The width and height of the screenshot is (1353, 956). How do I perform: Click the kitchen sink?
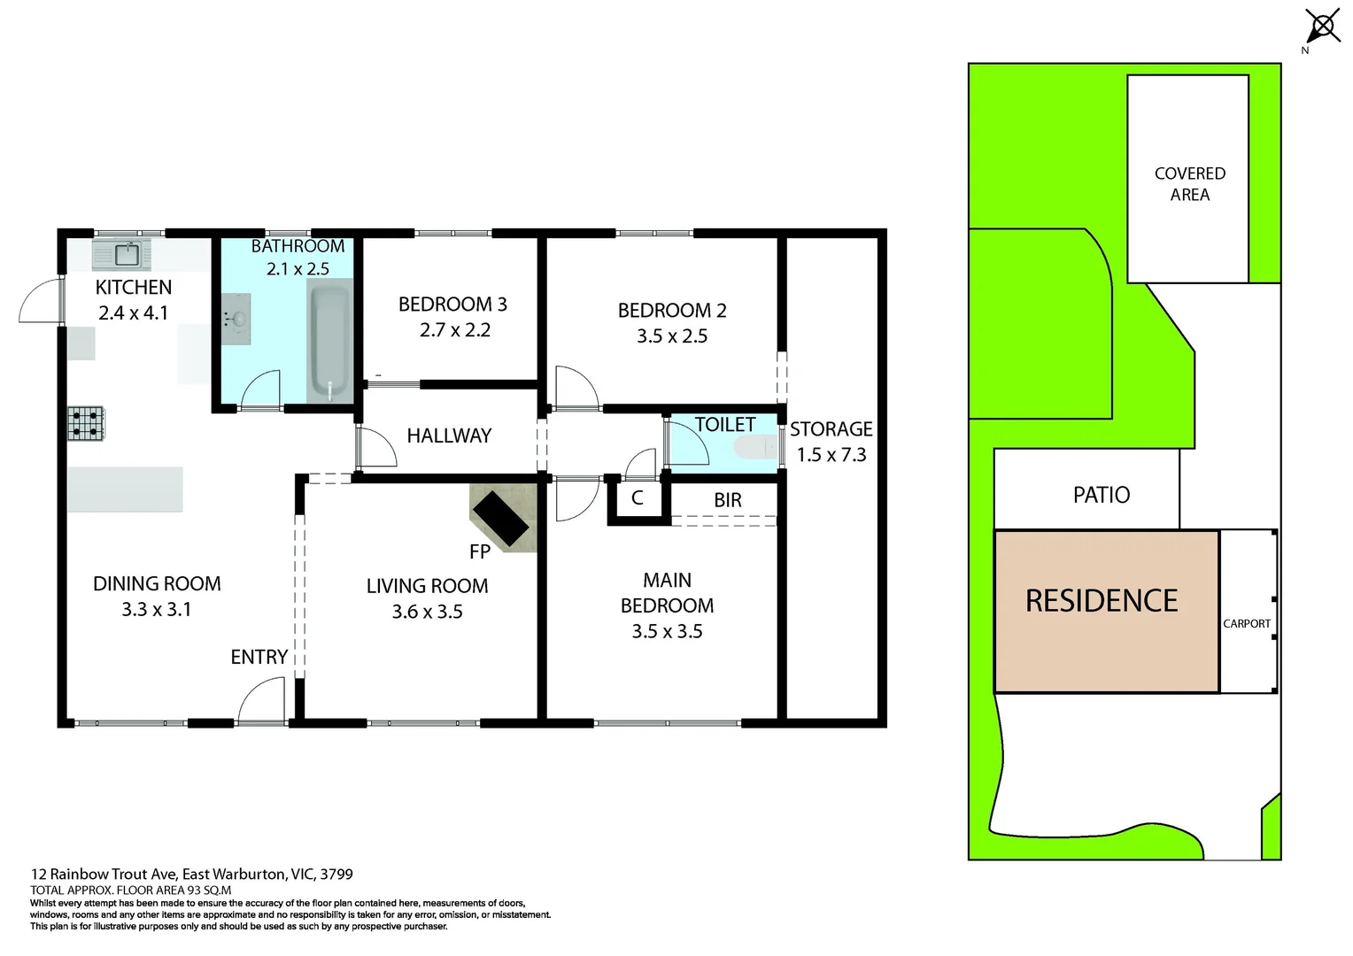coord(122,255)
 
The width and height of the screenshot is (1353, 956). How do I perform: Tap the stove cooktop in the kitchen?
coord(86,423)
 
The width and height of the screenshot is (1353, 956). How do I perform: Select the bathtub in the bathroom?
coord(329,341)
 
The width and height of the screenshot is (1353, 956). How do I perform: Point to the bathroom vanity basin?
coord(237,319)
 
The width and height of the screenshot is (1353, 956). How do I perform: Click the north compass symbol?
coord(1323,27)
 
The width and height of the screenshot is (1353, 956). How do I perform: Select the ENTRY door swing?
coord(262,701)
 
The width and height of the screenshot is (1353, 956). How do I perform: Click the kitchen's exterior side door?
coord(41,300)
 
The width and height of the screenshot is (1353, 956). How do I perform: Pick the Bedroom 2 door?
coord(575,388)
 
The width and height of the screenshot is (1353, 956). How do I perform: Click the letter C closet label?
coord(637,499)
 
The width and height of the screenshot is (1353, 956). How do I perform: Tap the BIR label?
coord(727,500)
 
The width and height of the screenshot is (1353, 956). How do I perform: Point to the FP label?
coord(479,551)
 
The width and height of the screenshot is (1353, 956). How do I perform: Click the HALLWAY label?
coord(449,436)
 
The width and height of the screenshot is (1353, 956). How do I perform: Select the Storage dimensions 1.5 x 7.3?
coord(831,455)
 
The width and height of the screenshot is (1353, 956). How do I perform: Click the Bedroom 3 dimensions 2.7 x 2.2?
coord(454,330)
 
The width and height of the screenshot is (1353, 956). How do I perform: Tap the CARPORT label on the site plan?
coord(1246,623)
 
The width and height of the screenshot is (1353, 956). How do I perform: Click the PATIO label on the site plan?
coord(1101,495)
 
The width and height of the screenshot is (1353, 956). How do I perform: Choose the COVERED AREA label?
coord(1189,184)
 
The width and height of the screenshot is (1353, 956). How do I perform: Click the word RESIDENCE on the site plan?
coord(1101,601)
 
